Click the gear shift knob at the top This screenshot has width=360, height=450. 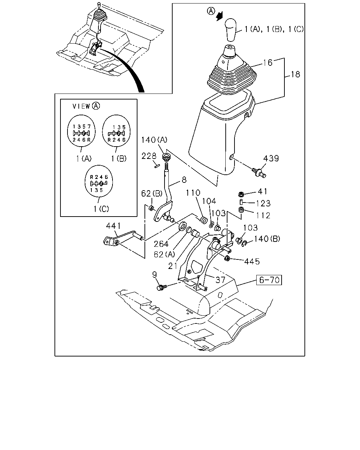pyautogui.click(x=231, y=30)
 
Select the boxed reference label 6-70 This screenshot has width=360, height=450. pyautogui.click(x=269, y=280)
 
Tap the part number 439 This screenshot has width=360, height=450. pyautogui.click(x=271, y=159)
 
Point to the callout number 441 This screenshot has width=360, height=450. pyautogui.click(x=113, y=226)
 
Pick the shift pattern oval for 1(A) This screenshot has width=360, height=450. pyautogui.click(x=81, y=131)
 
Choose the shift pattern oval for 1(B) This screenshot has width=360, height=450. pyautogui.click(x=116, y=131)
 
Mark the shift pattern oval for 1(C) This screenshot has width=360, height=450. pyautogui.click(x=99, y=181)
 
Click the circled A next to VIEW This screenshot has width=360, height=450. pyautogui.click(x=96, y=106)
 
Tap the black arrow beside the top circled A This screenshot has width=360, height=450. pyautogui.click(x=219, y=16)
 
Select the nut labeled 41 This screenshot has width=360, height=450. pyautogui.click(x=241, y=194)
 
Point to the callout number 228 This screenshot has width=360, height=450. pyautogui.click(x=149, y=156)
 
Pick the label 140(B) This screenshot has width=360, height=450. pyautogui.click(x=267, y=239)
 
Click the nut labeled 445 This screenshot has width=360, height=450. pyautogui.click(x=227, y=258)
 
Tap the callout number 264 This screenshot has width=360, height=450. pyautogui.click(x=161, y=244)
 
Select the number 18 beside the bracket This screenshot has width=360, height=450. pyautogui.click(x=295, y=75)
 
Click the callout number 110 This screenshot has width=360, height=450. pyautogui.click(x=193, y=193)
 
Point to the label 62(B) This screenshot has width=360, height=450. pyautogui.click(x=152, y=194)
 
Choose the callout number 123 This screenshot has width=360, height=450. pyautogui.click(x=263, y=204)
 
